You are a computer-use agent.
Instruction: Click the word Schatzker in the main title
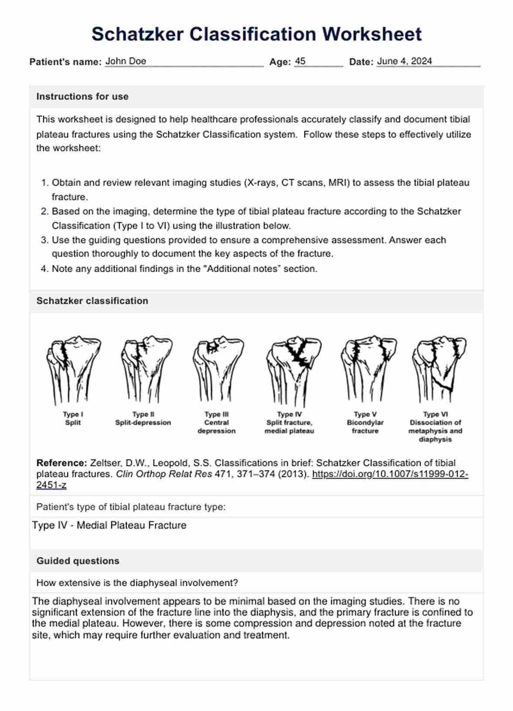coord(137,34)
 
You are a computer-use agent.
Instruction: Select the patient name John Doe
coord(126,61)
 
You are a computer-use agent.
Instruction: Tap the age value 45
coord(300,61)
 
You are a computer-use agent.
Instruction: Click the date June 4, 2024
coord(404,61)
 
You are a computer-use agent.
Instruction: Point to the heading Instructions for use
coord(82,96)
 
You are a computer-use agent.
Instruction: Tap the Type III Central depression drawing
coord(217,369)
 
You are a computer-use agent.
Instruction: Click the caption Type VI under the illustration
coord(435,414)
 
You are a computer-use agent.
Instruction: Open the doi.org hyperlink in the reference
coord(390,474)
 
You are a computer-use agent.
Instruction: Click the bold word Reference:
coord(62,463)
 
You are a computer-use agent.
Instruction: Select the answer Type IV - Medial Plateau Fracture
coord(109,525)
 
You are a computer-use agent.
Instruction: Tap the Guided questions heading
coord(78,561)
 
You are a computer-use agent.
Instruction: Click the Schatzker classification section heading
coord(92,301)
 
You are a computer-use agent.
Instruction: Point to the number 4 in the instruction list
coord(44,269)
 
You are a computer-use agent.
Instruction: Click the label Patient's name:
coord(65,62)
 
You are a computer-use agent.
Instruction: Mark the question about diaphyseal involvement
coord(137,583)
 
